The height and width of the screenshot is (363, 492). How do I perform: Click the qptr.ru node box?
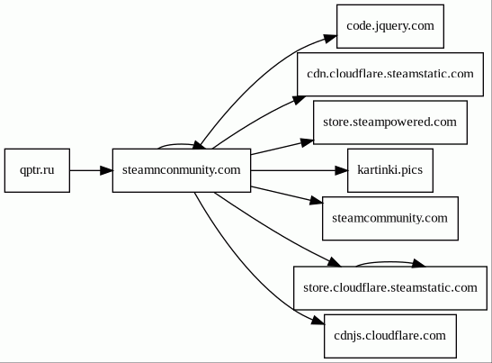click(37, 170)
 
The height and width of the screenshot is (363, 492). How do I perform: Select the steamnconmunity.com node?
click(182, 170)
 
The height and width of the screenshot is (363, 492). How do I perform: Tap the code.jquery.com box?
click(390, 26)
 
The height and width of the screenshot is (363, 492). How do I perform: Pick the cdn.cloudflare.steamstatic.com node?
click(390, 75)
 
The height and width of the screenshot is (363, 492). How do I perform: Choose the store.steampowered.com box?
click(390, 123)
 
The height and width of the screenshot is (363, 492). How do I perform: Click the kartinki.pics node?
click(390, 170)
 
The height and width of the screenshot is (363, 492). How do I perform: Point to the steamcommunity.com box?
click(390, 218)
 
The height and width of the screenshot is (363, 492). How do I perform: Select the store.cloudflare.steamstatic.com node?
click(390, 288)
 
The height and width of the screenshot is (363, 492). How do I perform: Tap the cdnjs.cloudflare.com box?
click(390, 336)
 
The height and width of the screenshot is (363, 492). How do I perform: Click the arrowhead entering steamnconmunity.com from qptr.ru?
click(107, 170)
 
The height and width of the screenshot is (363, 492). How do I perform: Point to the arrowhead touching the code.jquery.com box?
click(330, 39)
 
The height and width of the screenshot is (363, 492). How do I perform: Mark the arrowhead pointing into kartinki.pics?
click(342, 170)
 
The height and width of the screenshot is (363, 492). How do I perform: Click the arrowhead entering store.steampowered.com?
click(308, 142)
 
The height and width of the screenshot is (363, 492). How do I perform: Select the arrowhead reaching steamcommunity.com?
click(317, 201)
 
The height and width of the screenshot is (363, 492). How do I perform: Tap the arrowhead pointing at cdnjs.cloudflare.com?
click(318, 320)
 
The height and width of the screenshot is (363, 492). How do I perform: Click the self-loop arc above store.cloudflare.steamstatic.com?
click(389, 262)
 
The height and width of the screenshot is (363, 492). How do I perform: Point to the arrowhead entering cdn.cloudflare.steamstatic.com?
click(299, 100)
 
